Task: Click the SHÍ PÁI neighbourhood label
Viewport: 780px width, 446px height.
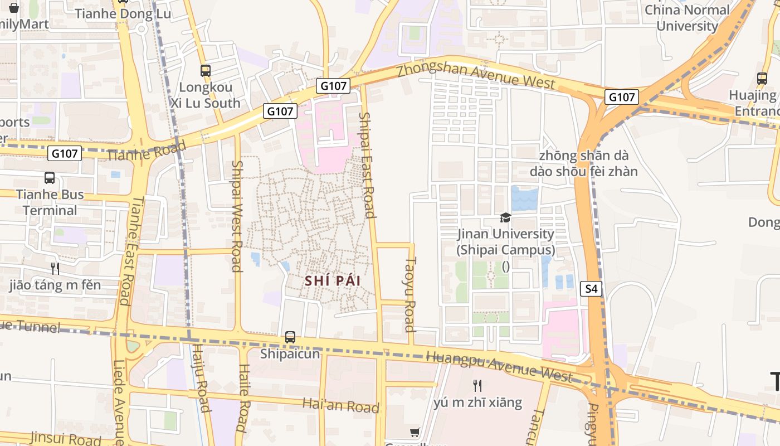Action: pyautogui.click(x=333, y=281)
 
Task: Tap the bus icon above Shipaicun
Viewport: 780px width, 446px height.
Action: pyautogui.click(x=290, y=337)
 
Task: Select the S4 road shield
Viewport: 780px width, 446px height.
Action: pyautogui.click(x=591, y=289)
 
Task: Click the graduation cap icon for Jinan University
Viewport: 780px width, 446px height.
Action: pyautogui.click(x=505, y=217)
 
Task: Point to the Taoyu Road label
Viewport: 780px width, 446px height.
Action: pyautogui.click(x=411, y=294)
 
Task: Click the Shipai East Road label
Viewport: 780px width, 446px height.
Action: pyautogui.click(x=366, y=165)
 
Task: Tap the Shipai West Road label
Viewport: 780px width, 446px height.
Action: pyautogui.click(x=237, y=216)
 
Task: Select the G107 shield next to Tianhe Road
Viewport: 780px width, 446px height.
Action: pyautogui.click(x=65, y=153)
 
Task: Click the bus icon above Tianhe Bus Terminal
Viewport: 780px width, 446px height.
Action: pyautogui.click(x=50, y=178)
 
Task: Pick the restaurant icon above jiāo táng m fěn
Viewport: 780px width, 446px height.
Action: pyautogui.click(x=55, y=269)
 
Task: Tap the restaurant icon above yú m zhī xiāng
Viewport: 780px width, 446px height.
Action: pyautogui.click(x=477, y=385)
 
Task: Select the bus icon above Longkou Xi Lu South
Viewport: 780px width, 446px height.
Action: pyautogui.click(x=206, y=71)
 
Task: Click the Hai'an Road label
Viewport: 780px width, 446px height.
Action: pyautogui.click(x=340, y=405)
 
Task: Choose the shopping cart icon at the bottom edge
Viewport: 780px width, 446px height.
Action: pyautogui.click(x=415, y=433)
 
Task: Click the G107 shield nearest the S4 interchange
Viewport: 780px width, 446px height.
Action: pyautogui.click(x=621, y=97)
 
